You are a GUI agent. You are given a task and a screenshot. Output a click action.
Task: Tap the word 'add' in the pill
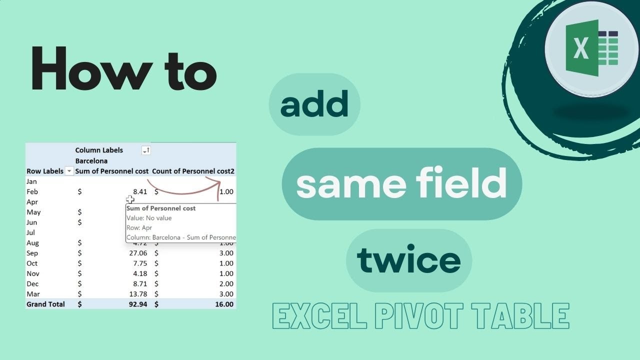(x=314, y=104)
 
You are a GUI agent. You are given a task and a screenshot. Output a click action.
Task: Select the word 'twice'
(x=408, y=260)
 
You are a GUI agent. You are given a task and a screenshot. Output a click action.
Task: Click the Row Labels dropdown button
(x=69, y=171)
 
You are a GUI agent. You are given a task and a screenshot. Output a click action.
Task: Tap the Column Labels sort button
(x=145, y=150)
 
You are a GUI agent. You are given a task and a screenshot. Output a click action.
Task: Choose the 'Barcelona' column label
(x=91, y=161)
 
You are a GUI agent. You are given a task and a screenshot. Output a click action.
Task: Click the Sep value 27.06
(x=136, y=253)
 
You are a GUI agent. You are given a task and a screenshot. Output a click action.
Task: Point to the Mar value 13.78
(x=136, y=294)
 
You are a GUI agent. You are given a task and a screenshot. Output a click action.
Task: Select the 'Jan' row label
(x=31, y=181)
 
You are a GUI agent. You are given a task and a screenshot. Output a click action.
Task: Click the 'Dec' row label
(x=32, y=283)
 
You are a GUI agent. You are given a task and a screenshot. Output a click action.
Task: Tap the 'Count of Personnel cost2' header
(x=193, y=171)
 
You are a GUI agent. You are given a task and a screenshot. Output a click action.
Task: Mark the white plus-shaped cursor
(x=130, y=200)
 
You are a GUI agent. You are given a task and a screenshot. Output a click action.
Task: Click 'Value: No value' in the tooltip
(x=149, y=218)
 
